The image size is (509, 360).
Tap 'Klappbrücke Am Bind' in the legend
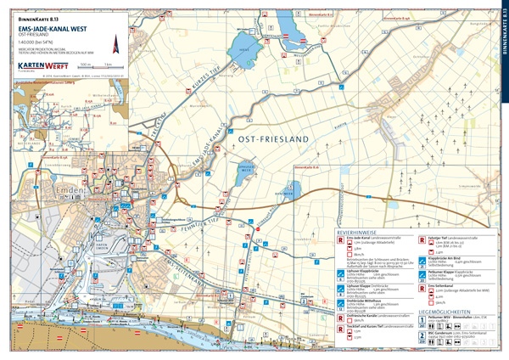(x=446, y=257)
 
